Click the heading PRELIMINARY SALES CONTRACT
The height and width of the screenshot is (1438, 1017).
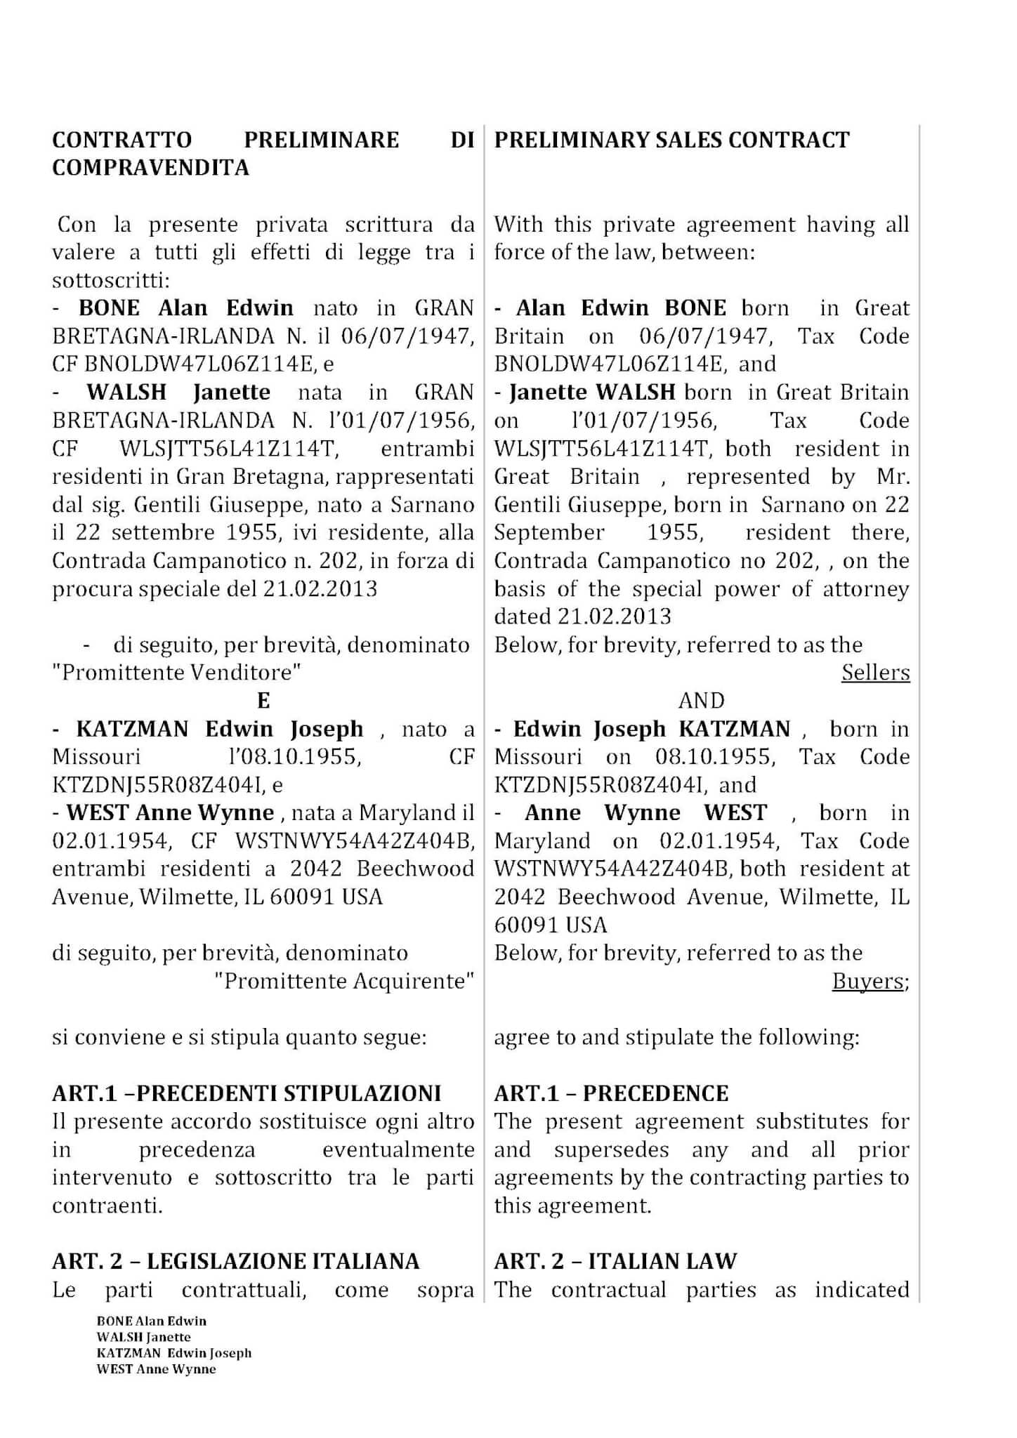tap(671, 140)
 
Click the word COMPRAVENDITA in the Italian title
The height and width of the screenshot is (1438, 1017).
tap(150, 168)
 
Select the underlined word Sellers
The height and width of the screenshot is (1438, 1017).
tap(875, 673)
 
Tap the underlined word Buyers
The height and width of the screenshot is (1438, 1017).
tap(868, 981)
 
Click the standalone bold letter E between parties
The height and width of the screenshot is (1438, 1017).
tap(263, 701)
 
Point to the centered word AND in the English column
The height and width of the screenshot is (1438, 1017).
tap(701, 701)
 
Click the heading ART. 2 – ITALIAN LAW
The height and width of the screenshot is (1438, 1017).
tap(615, 1262)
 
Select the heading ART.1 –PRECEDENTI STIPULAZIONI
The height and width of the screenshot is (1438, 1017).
tap(247, 1093)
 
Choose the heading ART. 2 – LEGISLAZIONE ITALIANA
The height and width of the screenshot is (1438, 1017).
tap(235, 1262)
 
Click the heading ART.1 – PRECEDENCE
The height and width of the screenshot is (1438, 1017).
tap(611, 1093)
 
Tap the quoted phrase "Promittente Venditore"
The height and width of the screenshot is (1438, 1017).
tap(177, 673)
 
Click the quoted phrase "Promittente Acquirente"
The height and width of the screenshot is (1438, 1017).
tap(344, 981)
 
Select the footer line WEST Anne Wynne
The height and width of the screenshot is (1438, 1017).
tap(156, 1368)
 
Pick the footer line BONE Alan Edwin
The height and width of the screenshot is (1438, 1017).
tap(151, 1321)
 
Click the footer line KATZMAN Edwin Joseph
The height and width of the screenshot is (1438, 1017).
tap(173, 1352)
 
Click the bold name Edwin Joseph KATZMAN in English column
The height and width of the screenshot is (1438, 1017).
tap(652, 729)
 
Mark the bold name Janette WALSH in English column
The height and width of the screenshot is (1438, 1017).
tap(592, 392)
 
